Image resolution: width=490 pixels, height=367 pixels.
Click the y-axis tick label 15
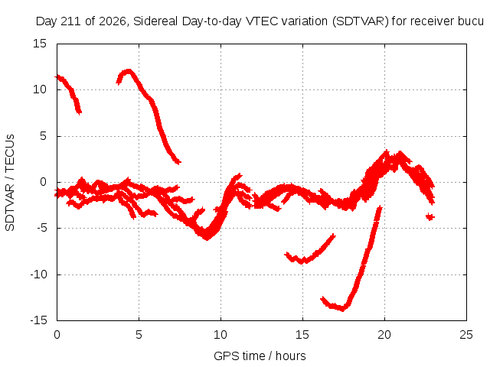[40, 44]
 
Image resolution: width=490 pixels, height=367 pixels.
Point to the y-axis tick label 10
[40, 89]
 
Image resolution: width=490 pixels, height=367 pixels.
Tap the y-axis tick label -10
[38, 274]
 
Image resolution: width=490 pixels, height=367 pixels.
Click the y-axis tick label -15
[38, 320]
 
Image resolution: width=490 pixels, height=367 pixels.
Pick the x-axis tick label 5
[139, 335]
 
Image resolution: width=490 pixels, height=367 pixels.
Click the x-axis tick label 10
[220, 335]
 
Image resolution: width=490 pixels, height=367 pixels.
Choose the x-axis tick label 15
[302, 335]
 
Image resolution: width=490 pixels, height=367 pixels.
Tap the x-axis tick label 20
[384, 335]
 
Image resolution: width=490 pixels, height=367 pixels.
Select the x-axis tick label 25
[466, 335]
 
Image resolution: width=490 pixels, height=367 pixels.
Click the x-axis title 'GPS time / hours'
[260, 356]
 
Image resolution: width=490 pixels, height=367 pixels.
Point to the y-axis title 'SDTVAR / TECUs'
[10, 183]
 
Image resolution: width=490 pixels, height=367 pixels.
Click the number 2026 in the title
[113, 21]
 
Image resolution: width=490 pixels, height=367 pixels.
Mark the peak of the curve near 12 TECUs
[128, 70]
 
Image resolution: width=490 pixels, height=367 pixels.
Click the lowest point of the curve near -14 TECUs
[343, 310]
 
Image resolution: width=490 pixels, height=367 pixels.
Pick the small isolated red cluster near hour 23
[430, 216]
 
